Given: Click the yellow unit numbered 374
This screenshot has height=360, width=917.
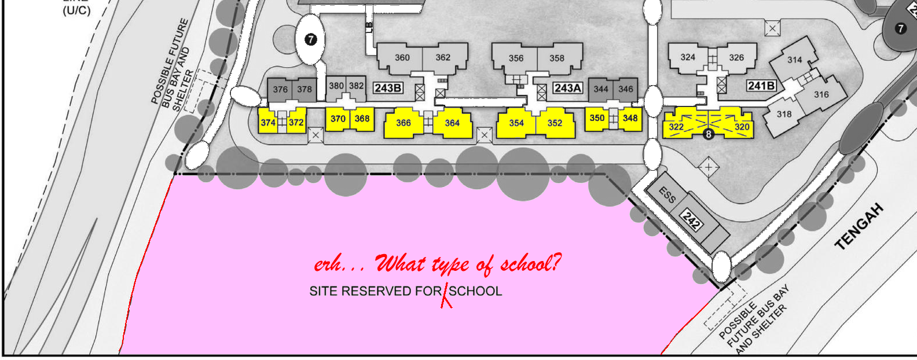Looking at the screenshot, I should [267, 122].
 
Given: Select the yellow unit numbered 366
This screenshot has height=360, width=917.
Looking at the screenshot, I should [404, 123].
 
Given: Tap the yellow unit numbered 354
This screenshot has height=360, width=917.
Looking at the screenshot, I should [516, 123].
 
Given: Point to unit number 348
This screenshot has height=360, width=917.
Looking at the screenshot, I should [630, 118].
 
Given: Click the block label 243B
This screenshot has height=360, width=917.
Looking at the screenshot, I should [388, 88].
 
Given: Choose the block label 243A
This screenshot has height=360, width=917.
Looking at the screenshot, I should [567, 88].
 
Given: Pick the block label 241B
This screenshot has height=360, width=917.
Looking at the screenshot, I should [761, 86].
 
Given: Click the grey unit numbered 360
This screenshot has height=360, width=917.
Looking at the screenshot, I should [402, 57].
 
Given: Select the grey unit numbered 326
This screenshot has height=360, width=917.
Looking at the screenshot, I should [736, 57].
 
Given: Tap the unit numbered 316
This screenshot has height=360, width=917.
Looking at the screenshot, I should [821, 94].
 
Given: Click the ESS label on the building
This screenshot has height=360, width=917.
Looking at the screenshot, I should [667, 195].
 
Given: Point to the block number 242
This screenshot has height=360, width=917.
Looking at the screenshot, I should [691, 220].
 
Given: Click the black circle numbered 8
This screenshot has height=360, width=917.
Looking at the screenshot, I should [708, 134].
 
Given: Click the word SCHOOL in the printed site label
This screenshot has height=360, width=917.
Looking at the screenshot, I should [475, 291].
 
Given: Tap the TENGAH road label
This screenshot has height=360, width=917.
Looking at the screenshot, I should [860, 226].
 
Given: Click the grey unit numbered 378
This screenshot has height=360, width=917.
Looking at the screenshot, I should [305, 89].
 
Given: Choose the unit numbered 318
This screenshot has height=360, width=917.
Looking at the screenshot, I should [784, 114].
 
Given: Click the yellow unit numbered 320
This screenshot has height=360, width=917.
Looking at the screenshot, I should [742, 127].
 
